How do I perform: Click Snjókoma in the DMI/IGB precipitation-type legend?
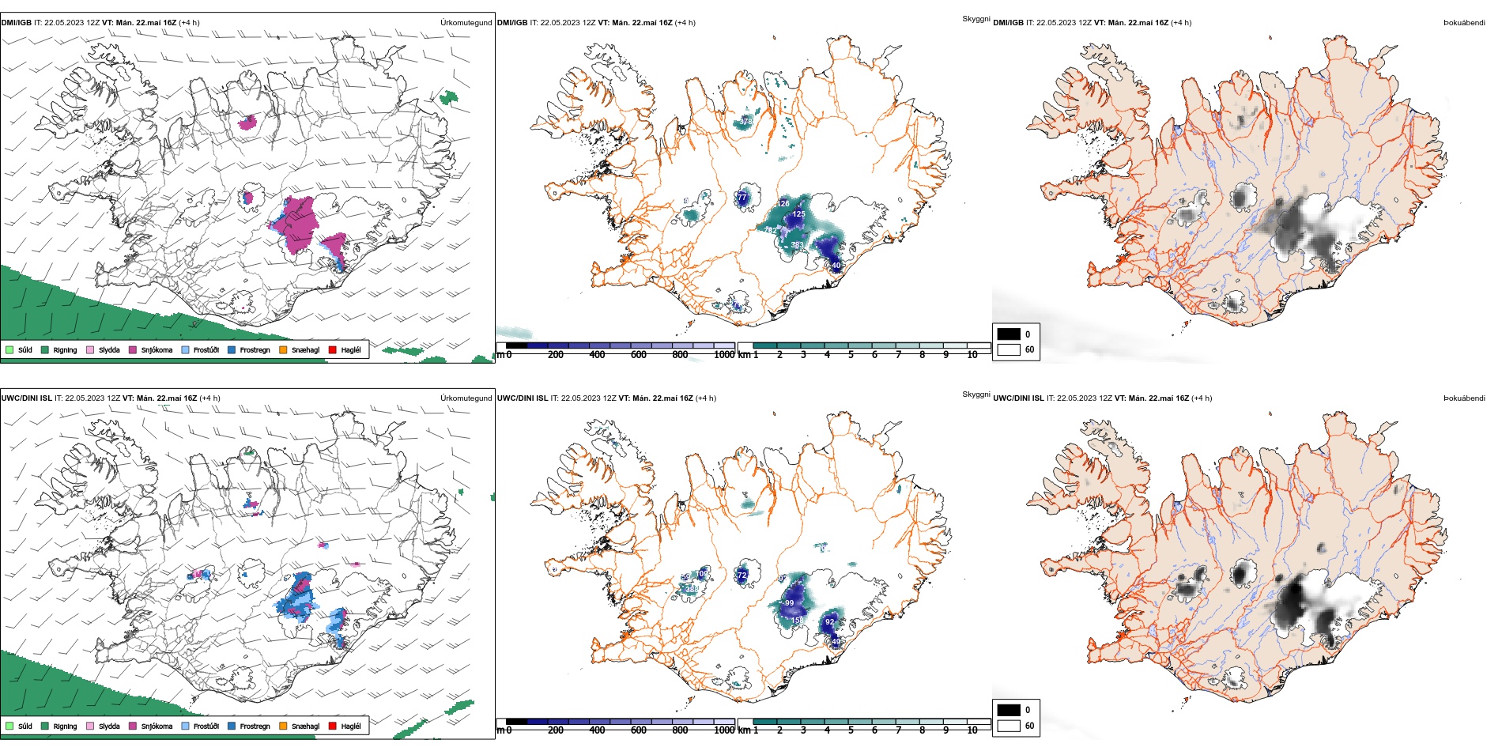[x=157, y=350]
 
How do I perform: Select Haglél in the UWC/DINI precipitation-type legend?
[x=350, y=726]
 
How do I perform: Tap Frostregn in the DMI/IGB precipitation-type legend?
[x=255, y=350]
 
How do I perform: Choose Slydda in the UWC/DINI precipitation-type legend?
[x=109, y=726]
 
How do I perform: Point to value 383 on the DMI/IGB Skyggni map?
[x=797, y=245]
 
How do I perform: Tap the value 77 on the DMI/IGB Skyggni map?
[x=742, y=197]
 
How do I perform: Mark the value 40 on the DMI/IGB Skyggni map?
[x=836, y=266]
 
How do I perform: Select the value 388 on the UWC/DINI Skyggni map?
[x=692, y=589]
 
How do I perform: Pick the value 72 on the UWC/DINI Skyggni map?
[x=742, y=576]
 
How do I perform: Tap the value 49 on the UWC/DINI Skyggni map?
[x=836, y=642]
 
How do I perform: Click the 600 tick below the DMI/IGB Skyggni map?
[x=638, y=355]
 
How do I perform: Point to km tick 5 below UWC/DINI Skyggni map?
[x=851, y=730]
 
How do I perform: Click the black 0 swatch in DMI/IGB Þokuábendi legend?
[x=1009, y=334]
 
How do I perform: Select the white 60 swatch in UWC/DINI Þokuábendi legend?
[x=1009, y=726]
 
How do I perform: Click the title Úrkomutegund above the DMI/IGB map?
[x=466, y=23]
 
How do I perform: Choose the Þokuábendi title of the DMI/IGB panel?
[x=1464, y=23]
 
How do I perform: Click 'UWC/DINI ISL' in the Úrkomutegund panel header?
[x=26, y=398]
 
